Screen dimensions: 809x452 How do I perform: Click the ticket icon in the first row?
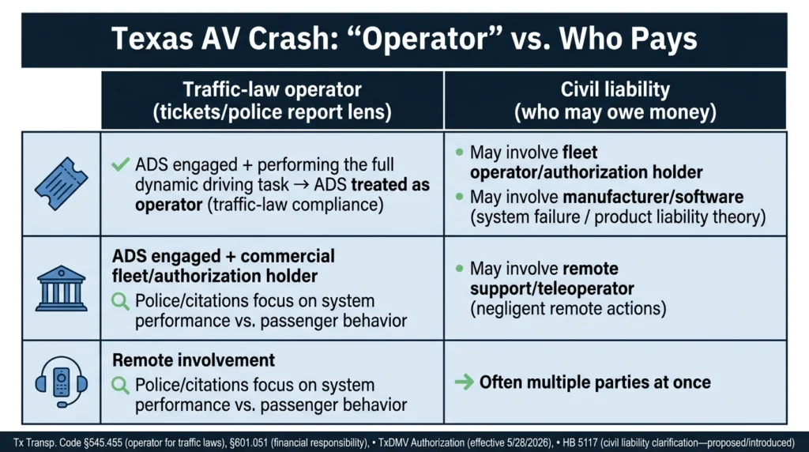pyautogui.click(x=62, y=183)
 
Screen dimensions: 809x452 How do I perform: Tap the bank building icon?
pyautogui.click(x=62, y=288)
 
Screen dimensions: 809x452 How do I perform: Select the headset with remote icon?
pyautogui.click(x=62, y=382)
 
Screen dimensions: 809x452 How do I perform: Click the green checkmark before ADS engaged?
pyautogui.click(x=121, y=164)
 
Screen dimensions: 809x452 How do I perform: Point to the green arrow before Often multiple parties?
pyautogui.click(x=465, y=382)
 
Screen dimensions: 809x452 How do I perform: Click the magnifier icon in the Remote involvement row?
pyautogui.click(x=120, y=386)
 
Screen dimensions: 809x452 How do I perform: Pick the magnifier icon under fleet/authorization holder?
pyautogui.click(x=120, y=301)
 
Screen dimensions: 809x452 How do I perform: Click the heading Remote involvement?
pyautogui.click(x=194, y=360)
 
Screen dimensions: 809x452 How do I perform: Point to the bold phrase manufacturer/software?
pyautogui.click(x=653, y=197)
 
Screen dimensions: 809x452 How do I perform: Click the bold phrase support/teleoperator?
pyautogui.click(x=552, y=288)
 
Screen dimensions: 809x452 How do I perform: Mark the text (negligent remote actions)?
pyautogui.click(x=568, y=308)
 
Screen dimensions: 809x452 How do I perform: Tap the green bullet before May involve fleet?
pyautogui.click(x=459, y=153)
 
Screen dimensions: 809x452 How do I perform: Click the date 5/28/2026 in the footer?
pyautogui.click(x=530, y=443)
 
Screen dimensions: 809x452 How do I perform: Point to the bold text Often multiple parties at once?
pyautogui.click(x=595, y=382)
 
